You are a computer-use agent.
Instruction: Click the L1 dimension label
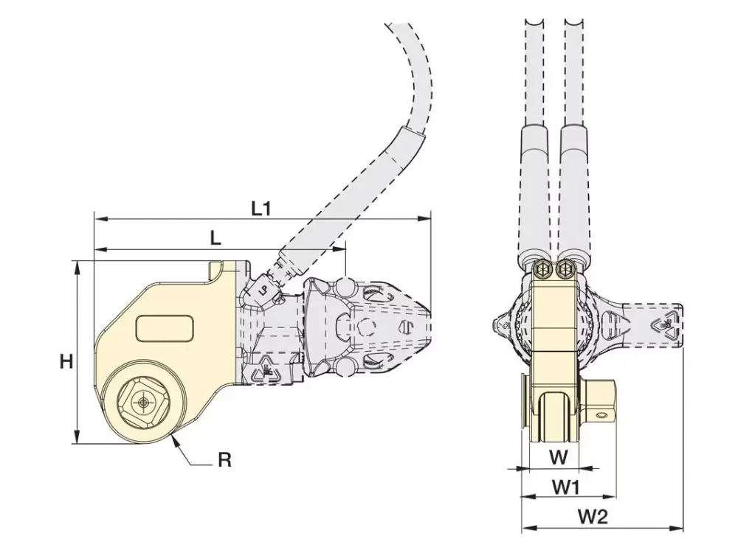261,209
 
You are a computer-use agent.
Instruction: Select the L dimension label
215,238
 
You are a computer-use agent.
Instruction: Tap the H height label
66,361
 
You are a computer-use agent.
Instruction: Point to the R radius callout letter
225,461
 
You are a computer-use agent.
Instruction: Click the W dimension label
559,457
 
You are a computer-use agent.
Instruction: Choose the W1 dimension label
565,487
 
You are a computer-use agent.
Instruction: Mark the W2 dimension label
592,517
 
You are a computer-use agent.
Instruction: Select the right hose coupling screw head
567,270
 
